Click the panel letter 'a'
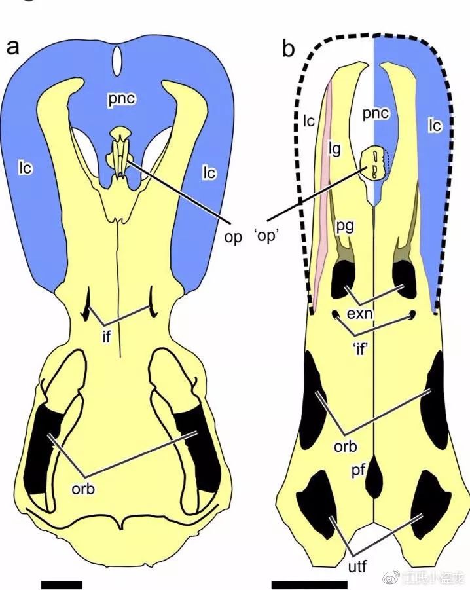tap(12, 47)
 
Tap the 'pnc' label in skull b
tap(376, 114)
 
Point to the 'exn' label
tap(360, 314)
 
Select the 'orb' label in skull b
tap(345, 447)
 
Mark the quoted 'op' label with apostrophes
tap(266, 237)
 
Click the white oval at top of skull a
tap(117, 61)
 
